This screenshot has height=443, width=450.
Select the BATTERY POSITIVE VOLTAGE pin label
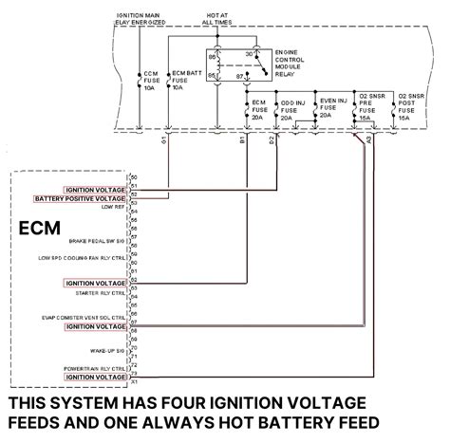pos(80,199)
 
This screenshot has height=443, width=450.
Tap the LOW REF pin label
pos(111,207)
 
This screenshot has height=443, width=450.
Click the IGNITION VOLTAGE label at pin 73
pos(94,377)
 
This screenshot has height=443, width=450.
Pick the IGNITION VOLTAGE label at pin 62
pos(94,283)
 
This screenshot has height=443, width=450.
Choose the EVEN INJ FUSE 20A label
pos(329,110)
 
